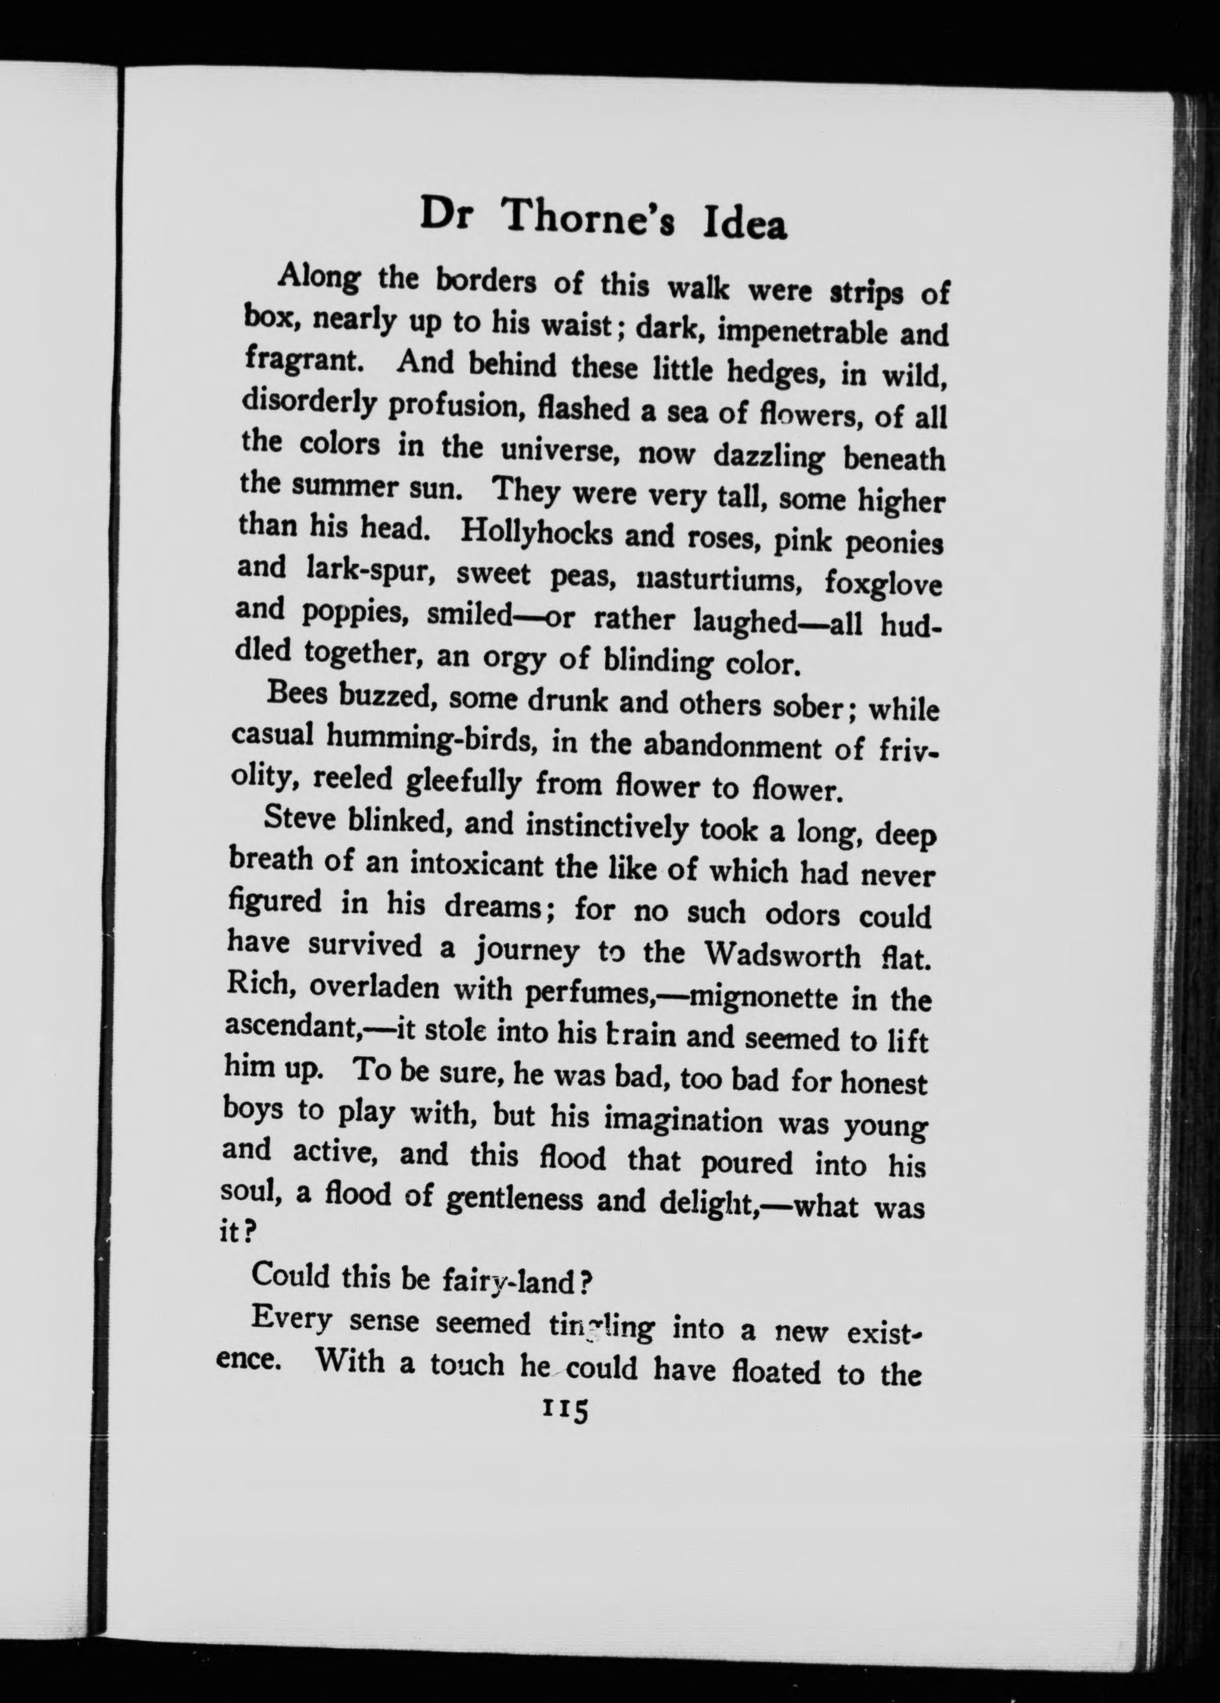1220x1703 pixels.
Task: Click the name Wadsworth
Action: click(x=783, y=955)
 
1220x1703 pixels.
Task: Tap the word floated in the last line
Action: click(x=778, y=1372)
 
